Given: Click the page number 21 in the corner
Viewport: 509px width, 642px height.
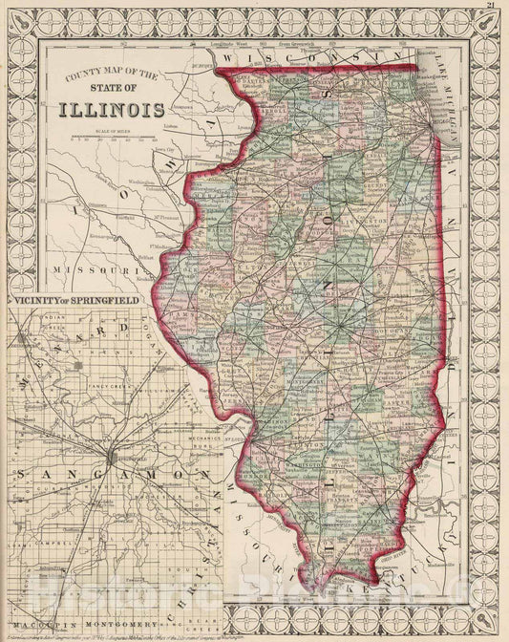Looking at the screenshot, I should click(489, 8).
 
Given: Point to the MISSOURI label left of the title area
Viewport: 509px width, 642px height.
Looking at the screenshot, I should click(85, 270).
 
